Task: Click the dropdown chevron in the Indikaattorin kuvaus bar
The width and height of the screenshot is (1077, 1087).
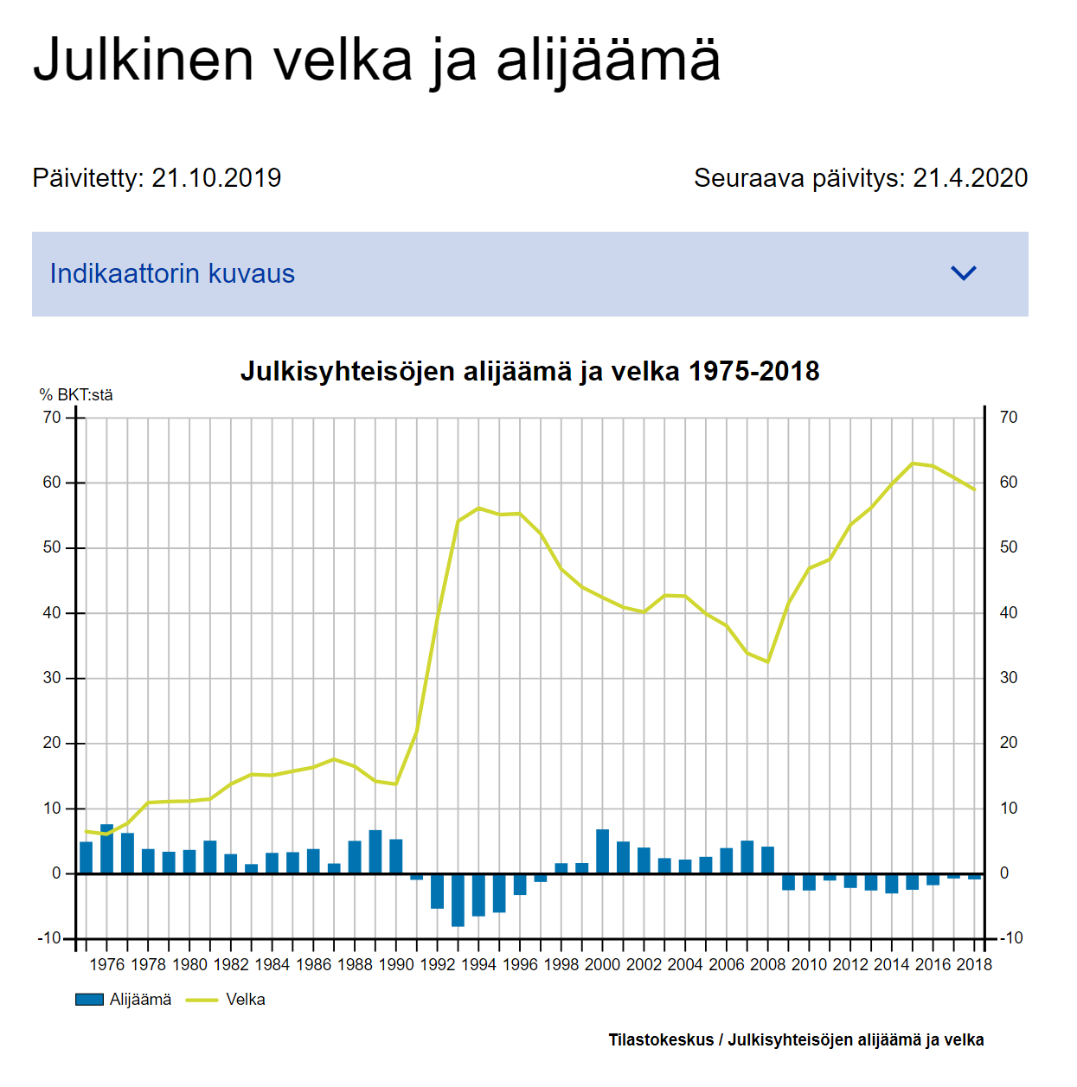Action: (963, 273)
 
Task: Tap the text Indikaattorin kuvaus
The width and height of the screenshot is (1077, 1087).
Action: (172, 273)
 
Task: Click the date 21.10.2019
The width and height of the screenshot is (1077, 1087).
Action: (216, 177)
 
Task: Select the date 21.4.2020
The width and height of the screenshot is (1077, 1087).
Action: (970, 177)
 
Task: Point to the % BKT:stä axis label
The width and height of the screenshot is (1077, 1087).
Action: (76, 395)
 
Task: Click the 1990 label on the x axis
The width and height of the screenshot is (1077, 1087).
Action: (395, 965)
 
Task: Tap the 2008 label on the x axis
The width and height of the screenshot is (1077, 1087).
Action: (767, 965)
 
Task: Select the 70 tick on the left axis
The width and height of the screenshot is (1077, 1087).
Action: (52, 418)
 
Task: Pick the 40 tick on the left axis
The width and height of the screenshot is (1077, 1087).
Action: (52, 612)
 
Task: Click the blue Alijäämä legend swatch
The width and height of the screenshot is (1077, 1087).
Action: (89, 1000)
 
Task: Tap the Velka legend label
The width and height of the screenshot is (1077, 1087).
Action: (246, 1000)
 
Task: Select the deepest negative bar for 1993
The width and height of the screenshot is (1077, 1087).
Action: (458, 899)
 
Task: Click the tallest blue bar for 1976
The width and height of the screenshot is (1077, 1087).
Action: (106, 849)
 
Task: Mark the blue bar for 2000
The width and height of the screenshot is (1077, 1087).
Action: (602, 851)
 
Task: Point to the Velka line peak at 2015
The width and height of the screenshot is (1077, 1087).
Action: (912, 464)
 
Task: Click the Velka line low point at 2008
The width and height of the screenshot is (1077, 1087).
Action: (767, 662)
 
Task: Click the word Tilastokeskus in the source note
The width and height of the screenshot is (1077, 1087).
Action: (661, 1039)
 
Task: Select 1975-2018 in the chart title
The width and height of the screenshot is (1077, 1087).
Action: (754, 371)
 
